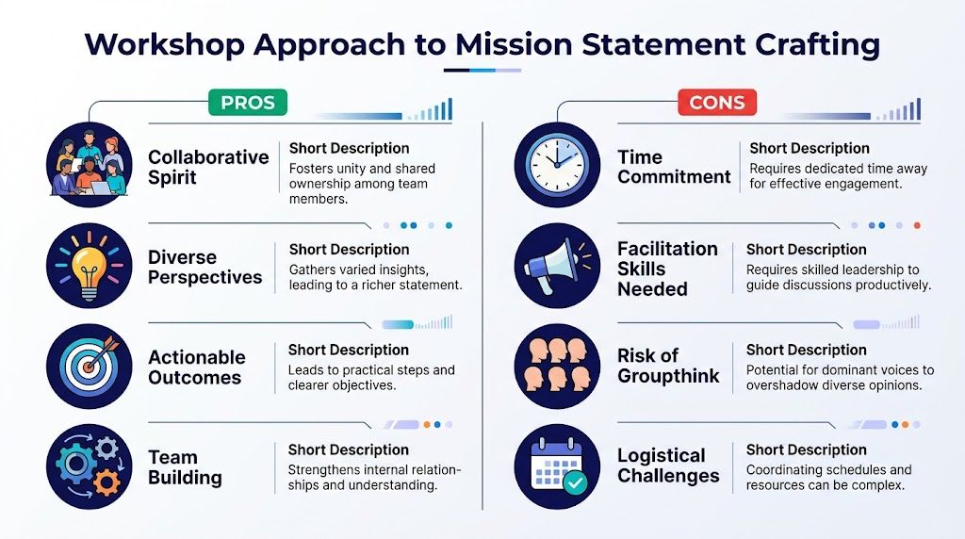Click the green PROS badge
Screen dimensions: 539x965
pos(247,102)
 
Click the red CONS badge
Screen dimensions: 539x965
pos(717,102)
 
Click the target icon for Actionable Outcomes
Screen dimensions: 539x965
pos(90,367)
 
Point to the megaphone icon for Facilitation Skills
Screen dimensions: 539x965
pos(557,267)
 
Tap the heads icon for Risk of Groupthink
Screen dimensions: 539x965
pos(557,367)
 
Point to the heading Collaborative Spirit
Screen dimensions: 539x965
pos(208,167)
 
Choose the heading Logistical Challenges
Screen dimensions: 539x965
pos(668,466)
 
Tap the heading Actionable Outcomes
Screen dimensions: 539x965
pos(196,367)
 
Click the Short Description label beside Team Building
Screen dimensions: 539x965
pos(349,449)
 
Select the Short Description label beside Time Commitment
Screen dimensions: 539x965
pos(810,148)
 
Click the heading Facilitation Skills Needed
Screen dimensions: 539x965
pos(667,269)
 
